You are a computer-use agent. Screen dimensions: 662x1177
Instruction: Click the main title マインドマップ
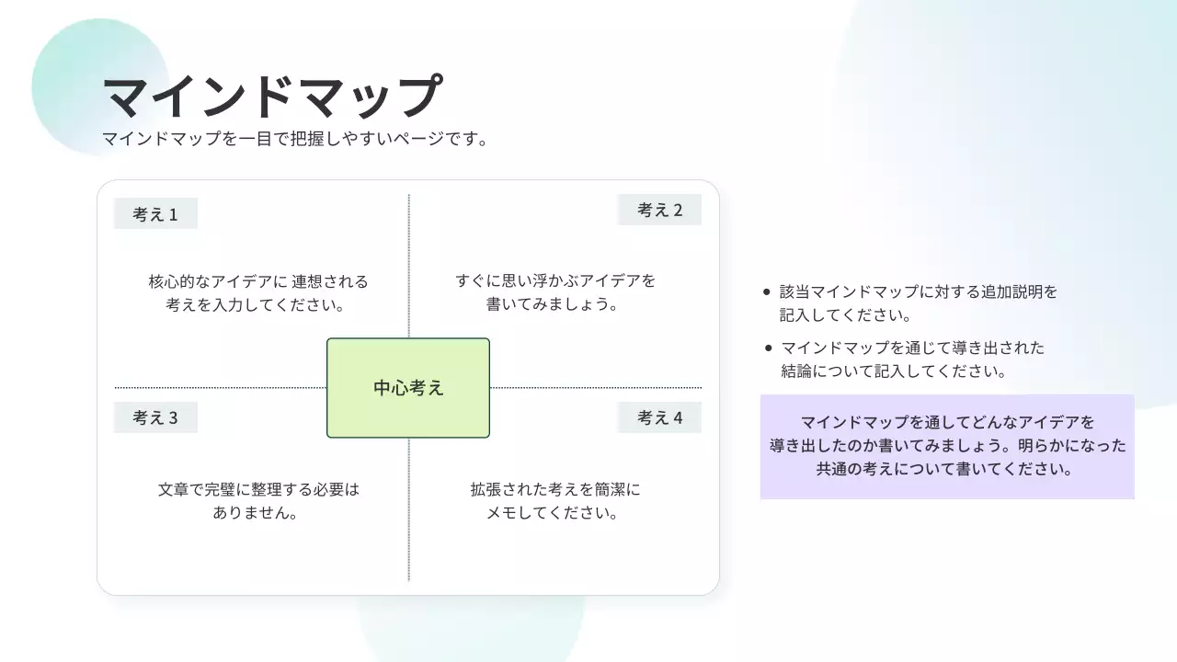(272, 97)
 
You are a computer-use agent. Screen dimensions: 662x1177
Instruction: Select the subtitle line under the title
(294, 140)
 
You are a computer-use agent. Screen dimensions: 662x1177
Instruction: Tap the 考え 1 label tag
(155, 214)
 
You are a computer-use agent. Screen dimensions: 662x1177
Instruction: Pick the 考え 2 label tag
(659, 210)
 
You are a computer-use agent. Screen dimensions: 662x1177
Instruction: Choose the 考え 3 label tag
(155, 417)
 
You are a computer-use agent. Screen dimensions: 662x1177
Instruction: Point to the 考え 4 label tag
(659, 417)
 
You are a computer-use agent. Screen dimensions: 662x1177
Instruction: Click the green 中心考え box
(408, 388)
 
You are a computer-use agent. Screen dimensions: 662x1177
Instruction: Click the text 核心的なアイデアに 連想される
(257, 281)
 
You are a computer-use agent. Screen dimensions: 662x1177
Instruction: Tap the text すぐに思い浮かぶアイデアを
(555, 281)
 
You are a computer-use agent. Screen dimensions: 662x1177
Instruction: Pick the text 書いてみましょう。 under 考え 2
(552, 304)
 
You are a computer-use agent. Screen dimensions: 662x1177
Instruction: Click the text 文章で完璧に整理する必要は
(257, 490)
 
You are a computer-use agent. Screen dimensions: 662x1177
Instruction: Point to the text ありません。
(256, 513)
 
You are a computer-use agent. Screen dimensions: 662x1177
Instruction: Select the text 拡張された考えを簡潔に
(555, 490)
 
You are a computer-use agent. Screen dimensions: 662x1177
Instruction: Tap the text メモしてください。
(552, 513)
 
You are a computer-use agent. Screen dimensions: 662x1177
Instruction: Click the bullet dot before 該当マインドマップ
(768, 292)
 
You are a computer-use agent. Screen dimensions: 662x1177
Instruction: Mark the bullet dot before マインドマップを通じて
(768, 348)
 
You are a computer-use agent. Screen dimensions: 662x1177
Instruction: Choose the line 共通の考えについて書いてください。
(947, 469)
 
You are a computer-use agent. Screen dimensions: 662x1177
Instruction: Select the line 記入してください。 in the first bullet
(845, 314)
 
